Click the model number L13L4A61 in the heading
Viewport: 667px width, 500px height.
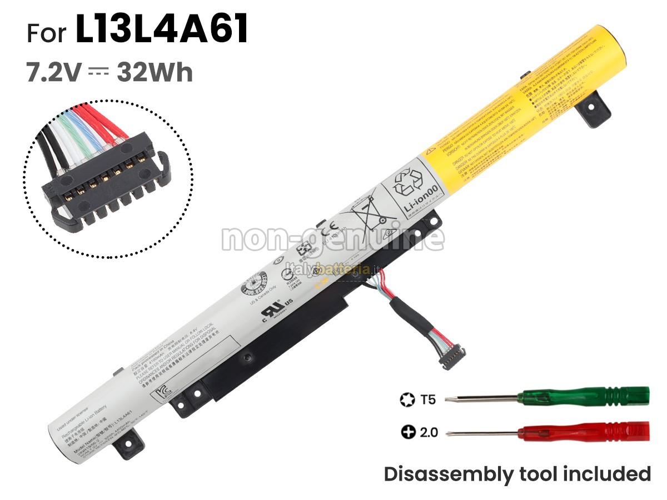[161, 31]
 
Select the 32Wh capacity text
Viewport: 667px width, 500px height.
[155, 73]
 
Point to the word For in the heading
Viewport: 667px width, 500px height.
[47, 33]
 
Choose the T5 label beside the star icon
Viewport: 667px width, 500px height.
[429, 399]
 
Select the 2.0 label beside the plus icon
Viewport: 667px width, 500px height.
[428, 432]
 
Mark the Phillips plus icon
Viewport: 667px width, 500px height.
[409, 432]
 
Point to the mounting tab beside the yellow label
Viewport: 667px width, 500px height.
[589, 109]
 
